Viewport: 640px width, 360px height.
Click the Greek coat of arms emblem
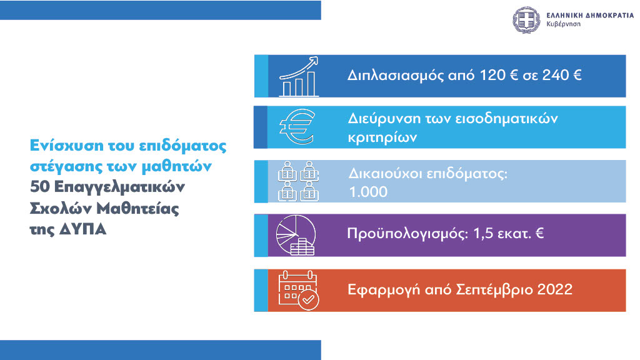[x=526, y=19]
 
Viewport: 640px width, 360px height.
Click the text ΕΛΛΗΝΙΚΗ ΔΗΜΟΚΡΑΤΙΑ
[x=590, y=16]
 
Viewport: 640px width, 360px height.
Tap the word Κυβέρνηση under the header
[x=563, y=24]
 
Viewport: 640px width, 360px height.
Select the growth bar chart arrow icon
[x=299, y=76]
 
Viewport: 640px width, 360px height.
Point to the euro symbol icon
[x=297, y=126]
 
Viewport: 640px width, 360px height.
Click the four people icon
[x=298, y=181]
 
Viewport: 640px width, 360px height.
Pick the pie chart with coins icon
[x=296, y=235]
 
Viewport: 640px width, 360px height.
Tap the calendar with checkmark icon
[x=298, y=290]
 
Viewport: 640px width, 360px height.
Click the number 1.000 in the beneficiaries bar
[x=368, y=192]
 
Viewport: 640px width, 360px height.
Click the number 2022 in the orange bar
[x=555, y=289]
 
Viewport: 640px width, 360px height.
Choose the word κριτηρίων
[x=382, y=137]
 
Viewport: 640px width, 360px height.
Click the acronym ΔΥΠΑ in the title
[x=83, y=229]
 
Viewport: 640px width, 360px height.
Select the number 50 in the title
[x=40, y=187]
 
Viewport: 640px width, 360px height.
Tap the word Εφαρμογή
[x=384, y=290]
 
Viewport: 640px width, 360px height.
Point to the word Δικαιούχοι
[x=385, y=174]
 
